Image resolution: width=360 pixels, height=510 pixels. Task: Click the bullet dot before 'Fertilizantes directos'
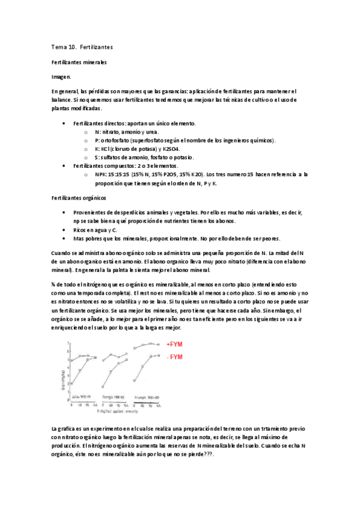(64, 123)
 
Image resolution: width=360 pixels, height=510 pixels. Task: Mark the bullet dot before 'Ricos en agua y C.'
(64, 230)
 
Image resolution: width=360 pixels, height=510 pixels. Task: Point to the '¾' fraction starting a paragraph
(55, 284)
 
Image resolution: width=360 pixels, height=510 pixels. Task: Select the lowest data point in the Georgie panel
(103, 387)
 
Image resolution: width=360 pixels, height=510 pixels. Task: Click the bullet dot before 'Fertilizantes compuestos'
(64, 165)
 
